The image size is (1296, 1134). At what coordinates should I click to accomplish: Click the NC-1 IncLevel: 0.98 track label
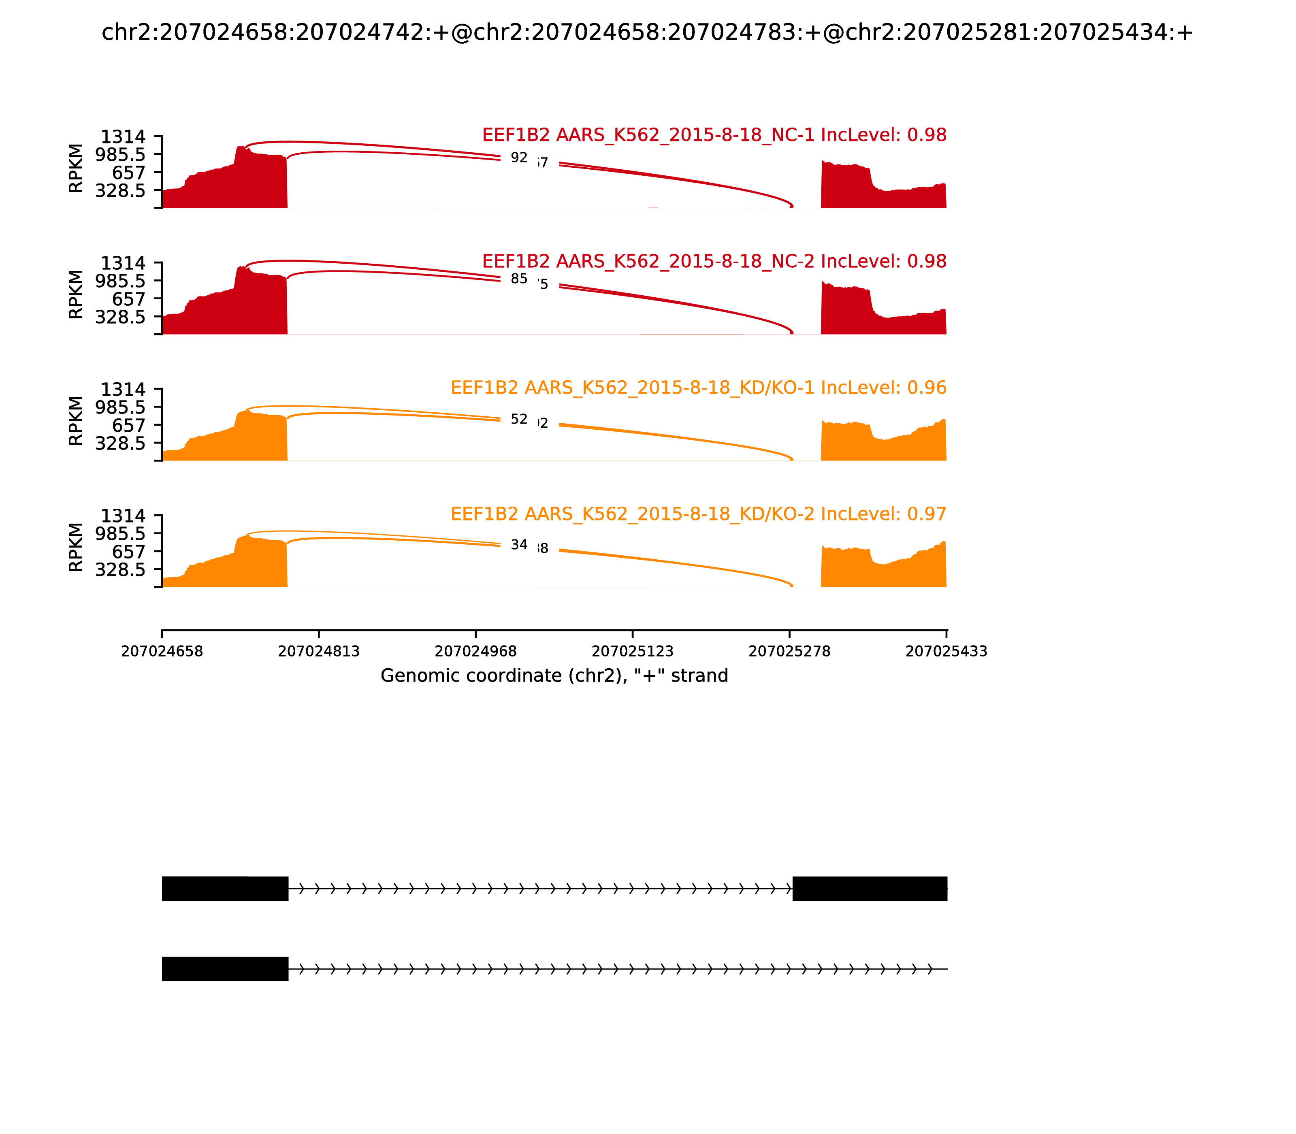coord(714,135)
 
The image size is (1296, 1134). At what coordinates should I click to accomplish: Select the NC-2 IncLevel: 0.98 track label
coord(714,261)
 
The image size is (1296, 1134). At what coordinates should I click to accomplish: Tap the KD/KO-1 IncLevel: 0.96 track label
coord(698,387)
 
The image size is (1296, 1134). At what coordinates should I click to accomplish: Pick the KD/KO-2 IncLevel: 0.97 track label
coord(698,514)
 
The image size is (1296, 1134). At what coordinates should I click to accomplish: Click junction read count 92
coord(519,158)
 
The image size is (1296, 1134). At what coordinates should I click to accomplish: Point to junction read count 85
coord(519,279)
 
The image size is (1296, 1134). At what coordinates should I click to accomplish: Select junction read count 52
coord(519,419)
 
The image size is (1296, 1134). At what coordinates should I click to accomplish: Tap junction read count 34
coord(519,544)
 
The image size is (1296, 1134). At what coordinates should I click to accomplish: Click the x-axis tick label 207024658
coord(162,651)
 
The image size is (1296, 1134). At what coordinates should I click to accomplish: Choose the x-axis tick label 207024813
coord(319,651)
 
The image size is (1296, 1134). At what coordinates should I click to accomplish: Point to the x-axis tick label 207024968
coord(476,651)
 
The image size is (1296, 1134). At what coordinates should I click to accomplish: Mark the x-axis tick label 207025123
coord(633,651)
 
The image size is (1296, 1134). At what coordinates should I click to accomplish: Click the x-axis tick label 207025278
coord(790,651)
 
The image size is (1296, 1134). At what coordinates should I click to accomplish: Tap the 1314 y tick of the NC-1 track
coord(124,137)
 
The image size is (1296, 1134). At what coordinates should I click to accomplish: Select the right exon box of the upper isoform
coord(870,889)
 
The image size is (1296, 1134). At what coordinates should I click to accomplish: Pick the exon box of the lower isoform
coord(225,969)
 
